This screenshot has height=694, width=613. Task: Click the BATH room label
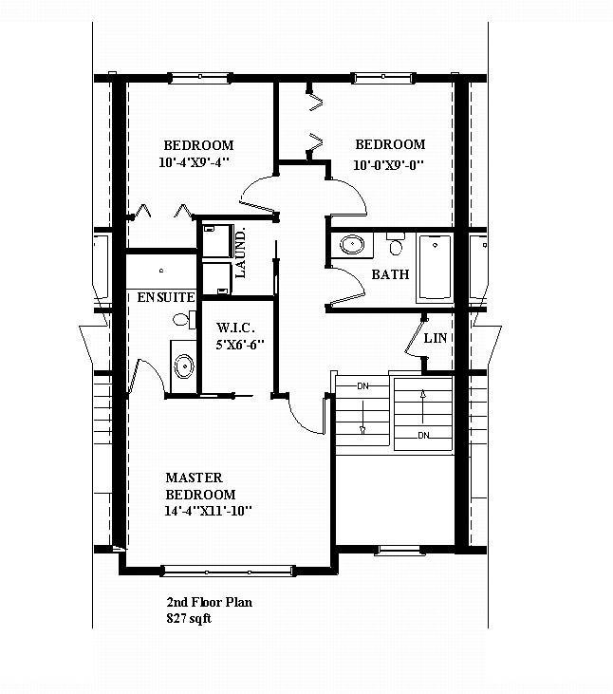[x=390, y=275]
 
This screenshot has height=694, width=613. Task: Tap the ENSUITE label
[x=166, y=297]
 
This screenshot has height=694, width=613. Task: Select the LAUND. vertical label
[x=241, y=253]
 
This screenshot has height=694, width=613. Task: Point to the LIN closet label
[x=436, y=338]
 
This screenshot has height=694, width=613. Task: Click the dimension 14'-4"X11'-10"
[x=208, y=512]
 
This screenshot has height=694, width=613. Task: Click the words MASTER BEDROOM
[x=200, y=486]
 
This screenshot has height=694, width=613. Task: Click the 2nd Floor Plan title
[x=209, y=602]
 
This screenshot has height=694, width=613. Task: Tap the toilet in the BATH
[x=396, y=245]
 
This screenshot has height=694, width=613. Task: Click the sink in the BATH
[x=352, y=244]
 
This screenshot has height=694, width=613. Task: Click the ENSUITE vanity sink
[x=182, y=365]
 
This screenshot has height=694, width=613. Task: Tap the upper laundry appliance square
[x=216, y=240]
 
